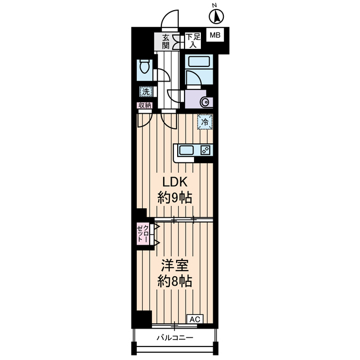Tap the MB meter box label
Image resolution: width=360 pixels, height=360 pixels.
point(215,35)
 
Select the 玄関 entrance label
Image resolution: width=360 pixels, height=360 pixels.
point(166,41)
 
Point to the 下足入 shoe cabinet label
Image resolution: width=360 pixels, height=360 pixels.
point(193,40)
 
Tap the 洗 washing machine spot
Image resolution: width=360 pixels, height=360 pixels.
point(145,91)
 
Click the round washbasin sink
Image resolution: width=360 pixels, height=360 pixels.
point(204,102)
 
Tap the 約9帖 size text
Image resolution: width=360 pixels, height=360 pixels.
point(175,198)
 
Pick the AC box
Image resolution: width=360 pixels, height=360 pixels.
point(194,319)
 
